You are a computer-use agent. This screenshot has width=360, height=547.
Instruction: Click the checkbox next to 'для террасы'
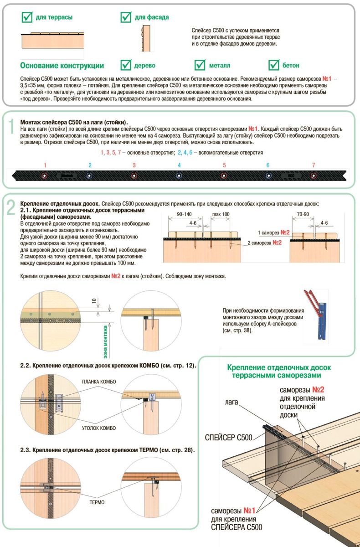pos(27,17)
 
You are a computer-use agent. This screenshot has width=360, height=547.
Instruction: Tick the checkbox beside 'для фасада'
pos(126,17)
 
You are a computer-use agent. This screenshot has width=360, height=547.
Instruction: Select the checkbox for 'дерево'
pos(126,65)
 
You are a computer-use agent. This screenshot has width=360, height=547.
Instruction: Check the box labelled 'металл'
pos(200,65)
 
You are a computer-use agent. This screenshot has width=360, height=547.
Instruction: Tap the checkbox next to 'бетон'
pos(274,65)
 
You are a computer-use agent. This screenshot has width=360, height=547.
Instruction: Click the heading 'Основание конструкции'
pos(62,66)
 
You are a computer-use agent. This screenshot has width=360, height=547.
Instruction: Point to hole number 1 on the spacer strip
pos(45,175)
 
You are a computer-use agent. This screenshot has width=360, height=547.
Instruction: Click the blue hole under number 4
pos(179,175)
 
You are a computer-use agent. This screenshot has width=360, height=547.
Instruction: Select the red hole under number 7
pos(313,175)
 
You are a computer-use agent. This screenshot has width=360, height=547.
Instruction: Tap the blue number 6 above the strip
pos(268,165)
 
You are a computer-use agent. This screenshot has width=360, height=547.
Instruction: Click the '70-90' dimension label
pos(303,214)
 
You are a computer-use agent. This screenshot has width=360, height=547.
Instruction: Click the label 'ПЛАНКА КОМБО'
pos(99,382)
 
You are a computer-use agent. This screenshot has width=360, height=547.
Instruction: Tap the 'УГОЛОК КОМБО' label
pos(99,428)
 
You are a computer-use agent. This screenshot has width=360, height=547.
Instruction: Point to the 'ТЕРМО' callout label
pos(97,502)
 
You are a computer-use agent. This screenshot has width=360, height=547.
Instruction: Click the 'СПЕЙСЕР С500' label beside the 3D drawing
pos(228,438)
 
